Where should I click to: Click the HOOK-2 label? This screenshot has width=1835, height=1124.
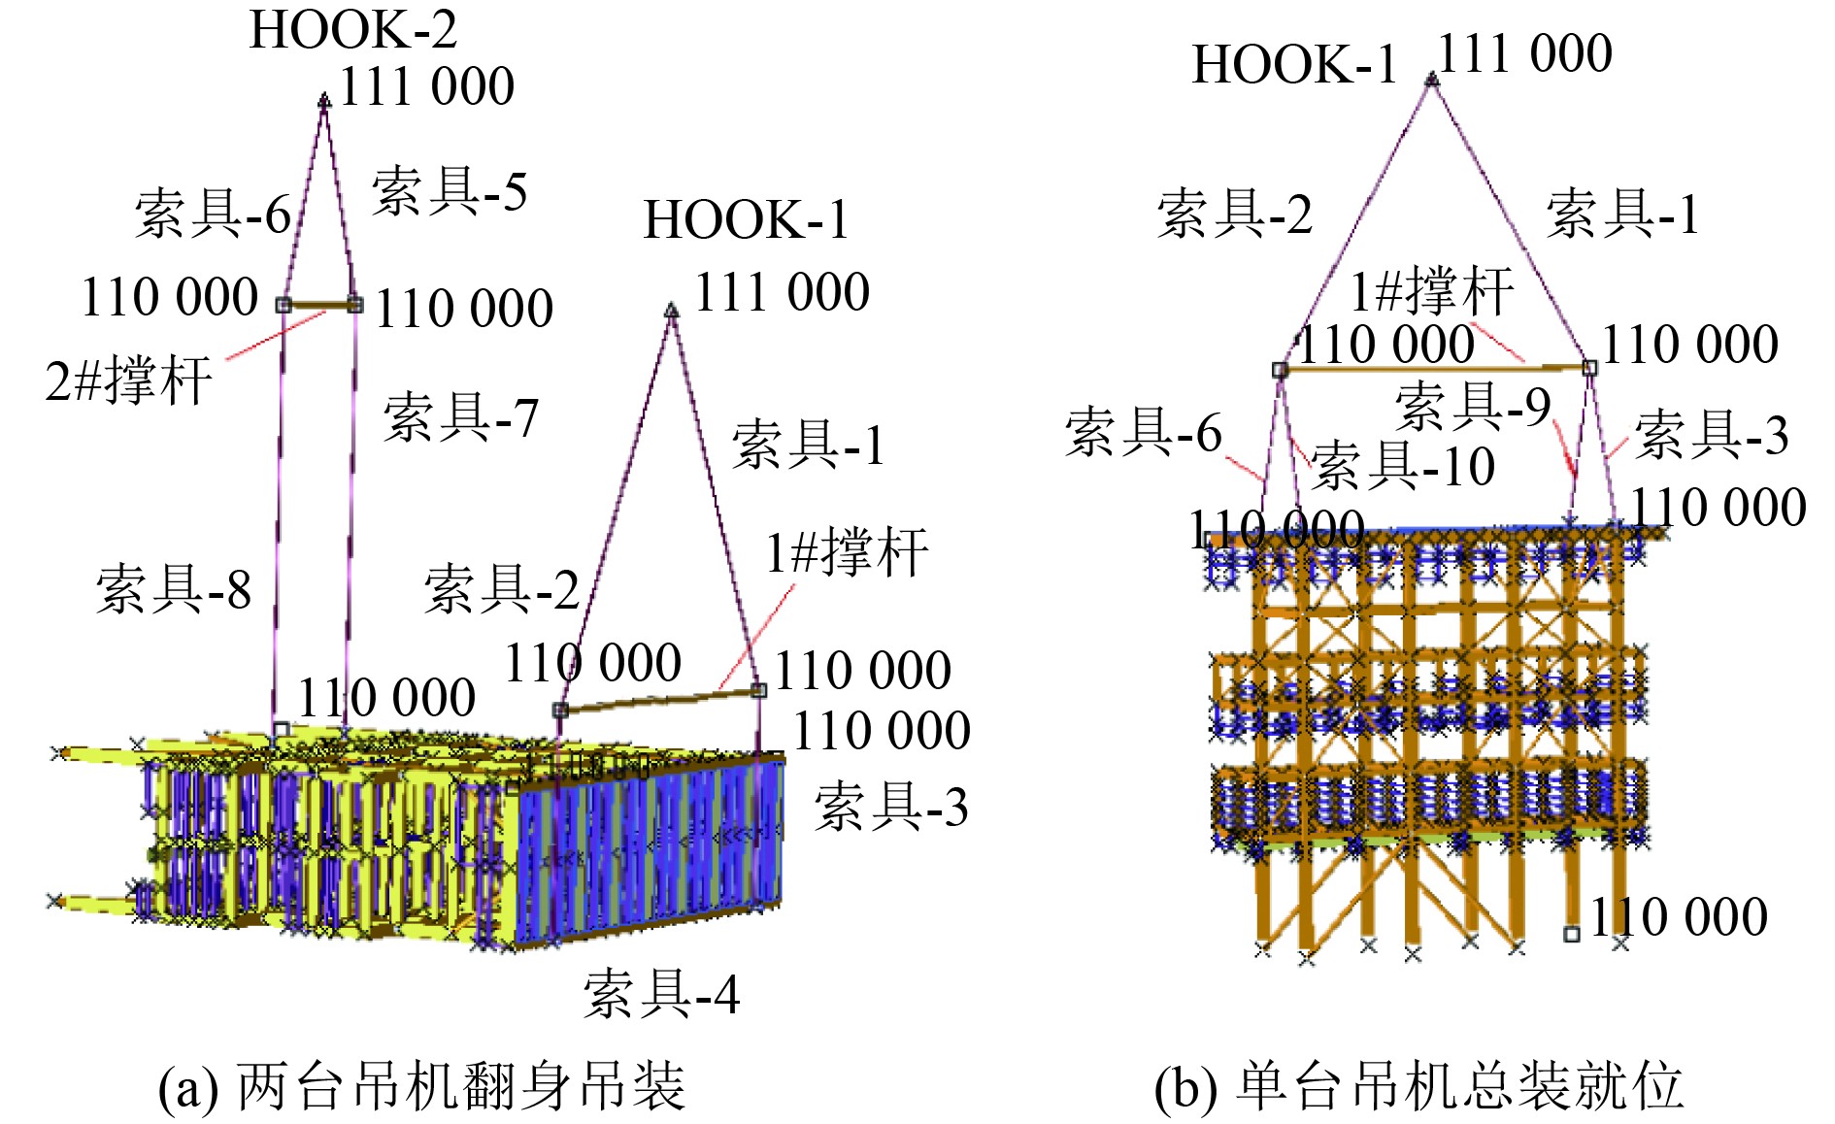pos(352,29)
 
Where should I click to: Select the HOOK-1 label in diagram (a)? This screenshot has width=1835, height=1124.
pos(746,219)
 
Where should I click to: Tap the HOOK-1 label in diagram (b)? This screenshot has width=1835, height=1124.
pos(1293,65)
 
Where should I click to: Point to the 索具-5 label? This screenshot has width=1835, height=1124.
pos(450,190)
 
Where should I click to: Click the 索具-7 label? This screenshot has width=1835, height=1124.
pos(461,417)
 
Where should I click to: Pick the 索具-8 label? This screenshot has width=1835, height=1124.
pos(174,588)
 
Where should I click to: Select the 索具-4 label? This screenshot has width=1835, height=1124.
pos(661,994)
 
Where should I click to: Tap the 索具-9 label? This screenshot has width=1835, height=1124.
pos(1473,406)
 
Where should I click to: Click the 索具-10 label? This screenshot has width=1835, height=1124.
pos(1402,465)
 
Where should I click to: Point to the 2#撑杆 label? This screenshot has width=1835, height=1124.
pos(129,380)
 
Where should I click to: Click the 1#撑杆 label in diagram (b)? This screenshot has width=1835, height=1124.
pos(1432,290)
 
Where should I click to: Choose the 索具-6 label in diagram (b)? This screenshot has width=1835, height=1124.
pos(1143,432)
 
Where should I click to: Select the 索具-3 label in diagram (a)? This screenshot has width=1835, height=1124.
pos(891,807)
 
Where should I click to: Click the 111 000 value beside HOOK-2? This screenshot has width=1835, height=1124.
pos(427,86)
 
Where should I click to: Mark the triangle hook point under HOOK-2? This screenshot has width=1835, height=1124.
pos(324,100)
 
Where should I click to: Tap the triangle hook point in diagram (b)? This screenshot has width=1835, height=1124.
pos(1431,79)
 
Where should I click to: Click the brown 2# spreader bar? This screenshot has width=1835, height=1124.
pos(319,305)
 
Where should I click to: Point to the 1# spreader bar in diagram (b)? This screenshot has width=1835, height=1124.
pos(1435,368)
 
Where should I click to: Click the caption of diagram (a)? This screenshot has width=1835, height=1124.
pos(422,1086)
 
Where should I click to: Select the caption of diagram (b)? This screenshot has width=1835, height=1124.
pos(1418,1086)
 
